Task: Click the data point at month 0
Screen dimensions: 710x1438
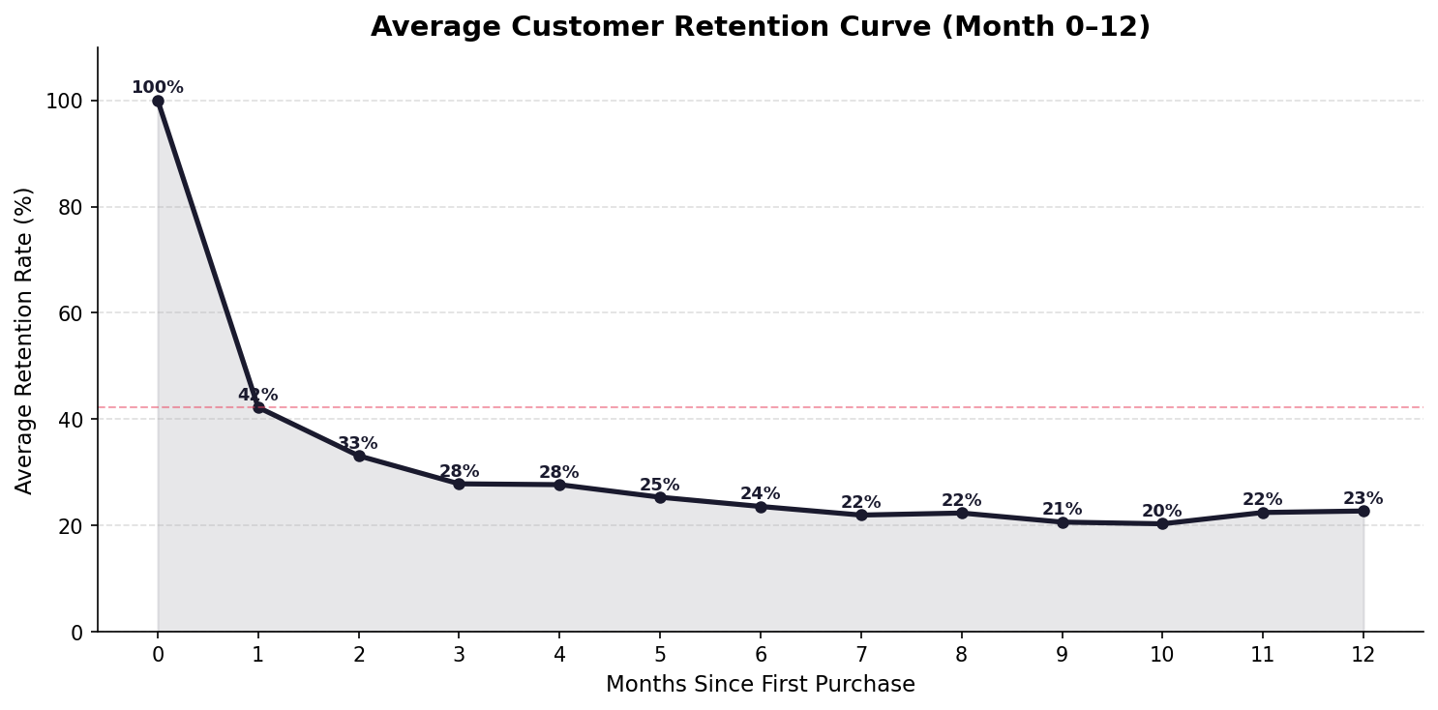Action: coord(158,101)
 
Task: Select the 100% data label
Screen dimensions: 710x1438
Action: coord(158,88)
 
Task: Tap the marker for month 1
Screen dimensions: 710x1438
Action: coord(258,408)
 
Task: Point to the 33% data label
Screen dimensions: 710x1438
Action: coord(358,443)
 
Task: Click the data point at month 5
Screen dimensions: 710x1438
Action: coord(660,497)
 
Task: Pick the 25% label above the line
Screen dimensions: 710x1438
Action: coord(660,485)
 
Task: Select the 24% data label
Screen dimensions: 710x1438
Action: coord(761,493)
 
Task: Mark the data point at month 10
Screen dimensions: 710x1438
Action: coord(1162,523)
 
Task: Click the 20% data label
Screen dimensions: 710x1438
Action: coord(1162,511)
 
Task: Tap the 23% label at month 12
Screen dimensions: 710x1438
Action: coord(1363,498)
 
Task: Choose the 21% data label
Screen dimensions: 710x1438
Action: coord(1062,509)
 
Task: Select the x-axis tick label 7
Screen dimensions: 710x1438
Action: coord(861,655)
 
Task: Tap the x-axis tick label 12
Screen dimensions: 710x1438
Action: coord(1363,655)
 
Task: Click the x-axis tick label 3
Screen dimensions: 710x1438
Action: coord(459,655)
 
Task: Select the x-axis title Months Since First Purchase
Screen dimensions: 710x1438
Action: coord(761,685)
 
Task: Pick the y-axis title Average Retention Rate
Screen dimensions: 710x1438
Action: coord(24,340)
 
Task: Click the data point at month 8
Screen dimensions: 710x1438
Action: coord(962,513)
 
